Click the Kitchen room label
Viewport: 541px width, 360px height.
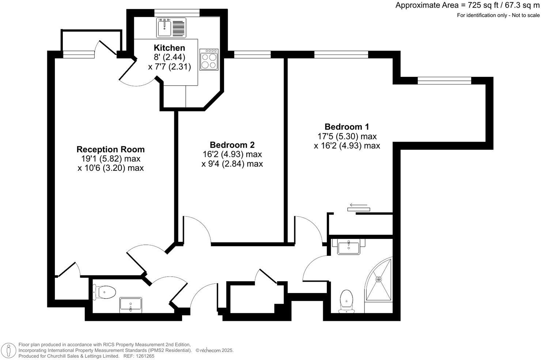coord(169,48)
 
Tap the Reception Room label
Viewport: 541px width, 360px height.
coord(110,150)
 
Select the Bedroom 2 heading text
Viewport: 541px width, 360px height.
coord(232,145)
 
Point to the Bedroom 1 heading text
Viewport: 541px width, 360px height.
coord(347,127)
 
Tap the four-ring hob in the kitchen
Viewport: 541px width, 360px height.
coord(209,60)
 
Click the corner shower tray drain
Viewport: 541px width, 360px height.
coord(379,280)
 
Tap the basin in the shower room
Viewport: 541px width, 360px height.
coord(349,247)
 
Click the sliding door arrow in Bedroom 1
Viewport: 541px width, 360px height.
coord(358,205)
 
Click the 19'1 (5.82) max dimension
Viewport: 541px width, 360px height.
coord(111,159)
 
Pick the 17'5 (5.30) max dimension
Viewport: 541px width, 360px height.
coord(347,136)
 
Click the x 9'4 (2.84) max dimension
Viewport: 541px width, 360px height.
coord(232,164)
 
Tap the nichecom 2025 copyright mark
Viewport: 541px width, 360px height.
coord(215,350)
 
